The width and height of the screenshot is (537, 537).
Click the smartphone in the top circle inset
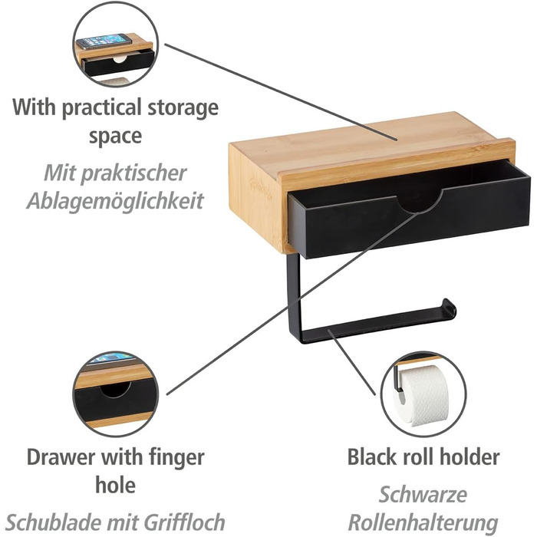tap(104, 41)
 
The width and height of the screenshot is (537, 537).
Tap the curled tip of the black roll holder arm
tap(449, 308)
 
